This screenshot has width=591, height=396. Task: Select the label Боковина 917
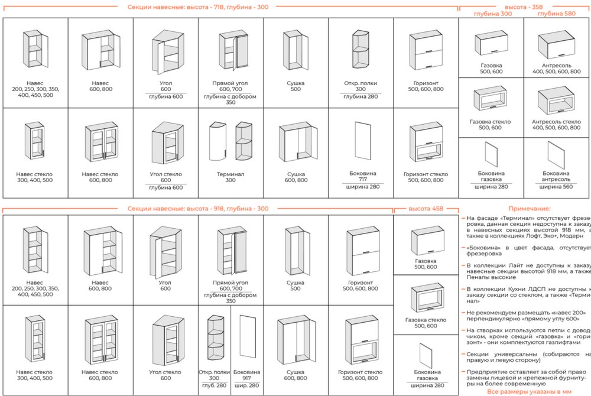click(246, 375)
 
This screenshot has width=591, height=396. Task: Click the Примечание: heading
click(529, 209)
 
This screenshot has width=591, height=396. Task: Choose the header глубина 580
click(557, 13)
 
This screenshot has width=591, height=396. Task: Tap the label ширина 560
click(556, 187)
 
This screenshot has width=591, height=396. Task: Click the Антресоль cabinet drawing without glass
click(556, 45)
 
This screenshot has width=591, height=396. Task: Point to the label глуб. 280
click(213, 385)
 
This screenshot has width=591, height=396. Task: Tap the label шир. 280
click(246, 385)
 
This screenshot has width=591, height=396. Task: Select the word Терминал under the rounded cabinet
click(230, 174)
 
